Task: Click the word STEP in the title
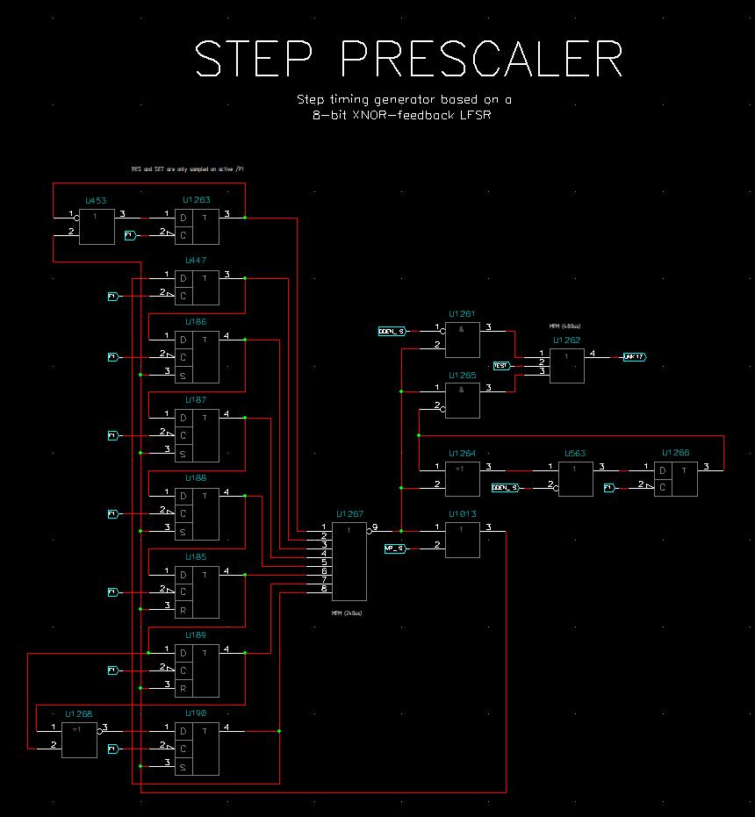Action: pos(253,60)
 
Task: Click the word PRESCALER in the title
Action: pos(481,60)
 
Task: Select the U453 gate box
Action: pos(97,226)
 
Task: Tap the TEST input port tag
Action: pos(501,365)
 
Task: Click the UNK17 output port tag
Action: pos(634,356)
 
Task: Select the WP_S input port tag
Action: pos(394,548)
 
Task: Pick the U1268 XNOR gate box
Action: pos(80,739)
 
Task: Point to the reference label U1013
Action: pos(461,514)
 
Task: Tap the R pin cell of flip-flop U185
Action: pos(183,608)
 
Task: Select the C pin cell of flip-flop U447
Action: pos(183,297)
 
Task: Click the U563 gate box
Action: pos(576,479)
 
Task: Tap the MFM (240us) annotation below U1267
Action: pos(347,613)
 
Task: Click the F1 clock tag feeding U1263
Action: pos(130,235)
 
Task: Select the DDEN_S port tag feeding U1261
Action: pos(392,331)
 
